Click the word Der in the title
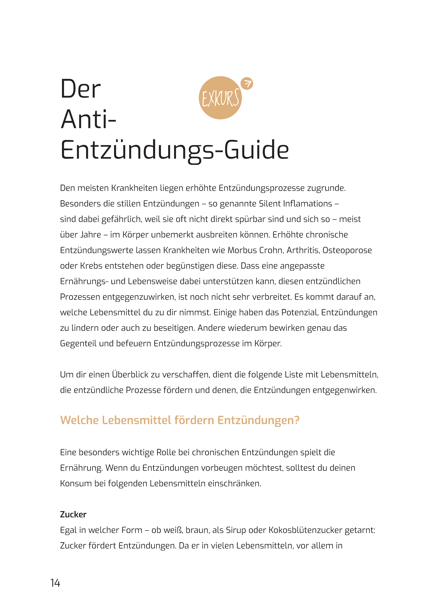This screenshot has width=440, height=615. click(80, 89)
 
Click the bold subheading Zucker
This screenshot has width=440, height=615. click(73, 514)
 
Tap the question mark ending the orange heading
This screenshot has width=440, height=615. click(297, 420)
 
